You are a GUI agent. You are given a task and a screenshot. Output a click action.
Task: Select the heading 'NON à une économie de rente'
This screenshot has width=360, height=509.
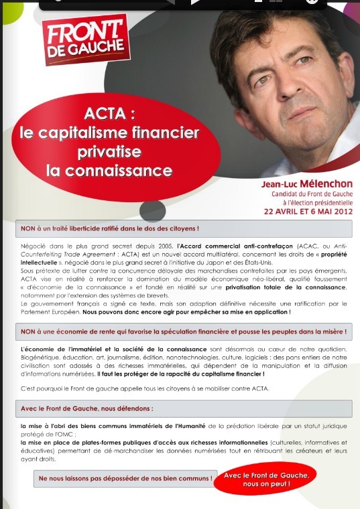pyautogui.click(x=184, y=331)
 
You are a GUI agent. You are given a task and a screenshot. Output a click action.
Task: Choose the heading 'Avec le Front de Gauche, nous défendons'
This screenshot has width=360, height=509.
pyautogui.click(x=87, y=408)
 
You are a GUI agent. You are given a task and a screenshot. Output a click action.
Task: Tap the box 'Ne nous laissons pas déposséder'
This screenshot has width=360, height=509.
pyautogui.click(x=125, y=478)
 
